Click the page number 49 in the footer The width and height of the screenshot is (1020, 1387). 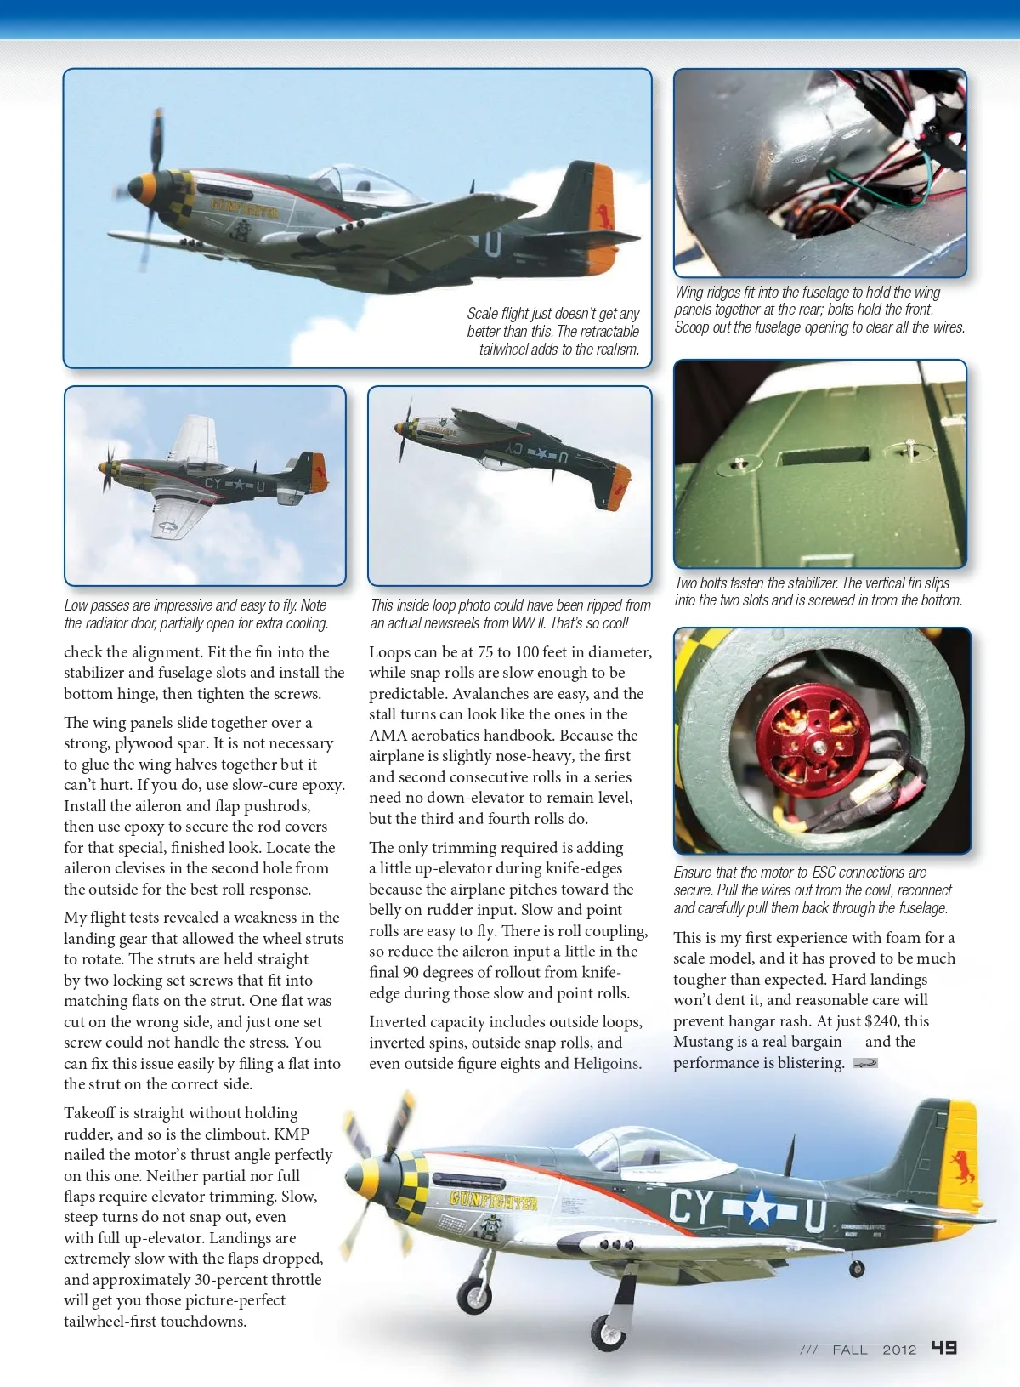pos(943,1348)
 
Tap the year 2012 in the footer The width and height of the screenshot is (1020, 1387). pos(899,1350)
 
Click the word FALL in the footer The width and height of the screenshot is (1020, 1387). pos(849,1350)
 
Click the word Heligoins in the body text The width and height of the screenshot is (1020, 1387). pos(607,1064)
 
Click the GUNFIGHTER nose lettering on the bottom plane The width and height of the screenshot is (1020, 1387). pos(493,1201)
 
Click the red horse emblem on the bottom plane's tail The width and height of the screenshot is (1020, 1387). pos(963,1167)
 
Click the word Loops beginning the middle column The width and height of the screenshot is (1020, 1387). pos(389,652)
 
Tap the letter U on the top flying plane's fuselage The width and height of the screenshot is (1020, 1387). pos(493,244)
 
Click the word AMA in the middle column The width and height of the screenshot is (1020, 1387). pos(388,736)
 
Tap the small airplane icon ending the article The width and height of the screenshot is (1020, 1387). pos(864,1063)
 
